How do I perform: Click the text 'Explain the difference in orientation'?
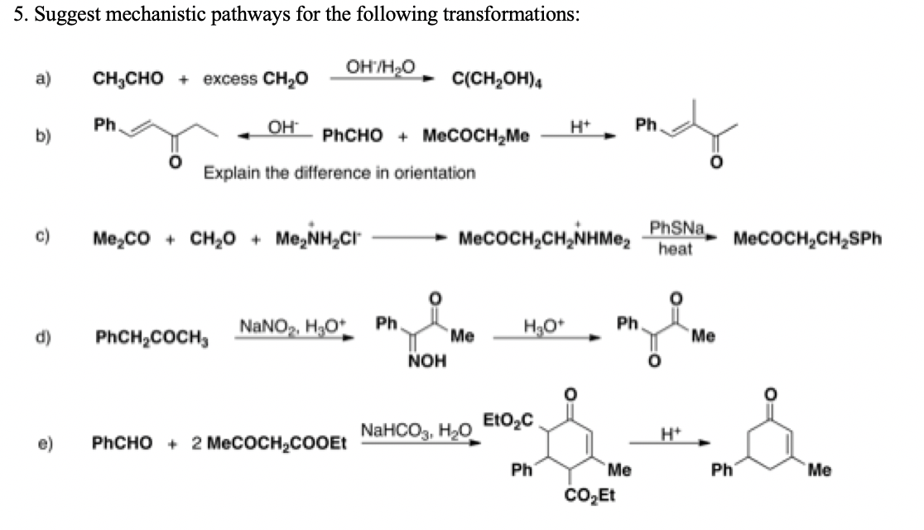(339, 172)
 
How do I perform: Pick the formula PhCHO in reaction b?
(350, 135)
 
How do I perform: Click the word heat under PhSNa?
(676, 248)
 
